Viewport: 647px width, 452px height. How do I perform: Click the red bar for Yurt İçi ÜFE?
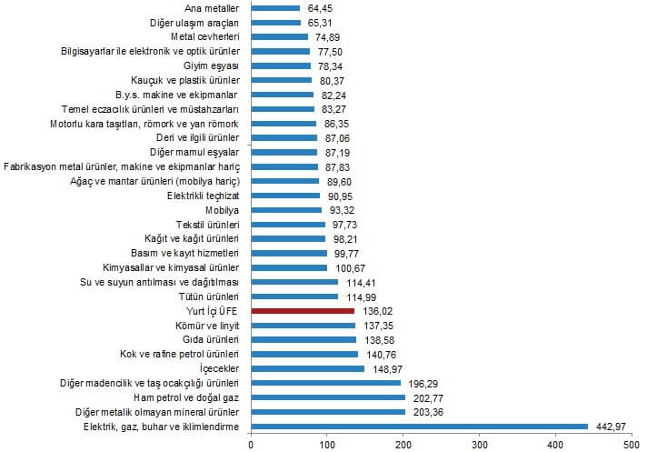(x=303, y=310)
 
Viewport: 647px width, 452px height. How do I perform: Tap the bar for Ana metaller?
(x=274, y=8)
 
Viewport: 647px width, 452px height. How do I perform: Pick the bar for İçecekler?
(x=307, y=368)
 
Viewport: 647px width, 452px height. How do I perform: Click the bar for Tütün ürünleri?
(x=294, y=296)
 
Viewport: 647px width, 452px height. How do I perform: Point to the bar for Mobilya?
(x=285, y=209)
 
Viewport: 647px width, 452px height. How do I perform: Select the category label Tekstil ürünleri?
(x=208, y=224)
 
